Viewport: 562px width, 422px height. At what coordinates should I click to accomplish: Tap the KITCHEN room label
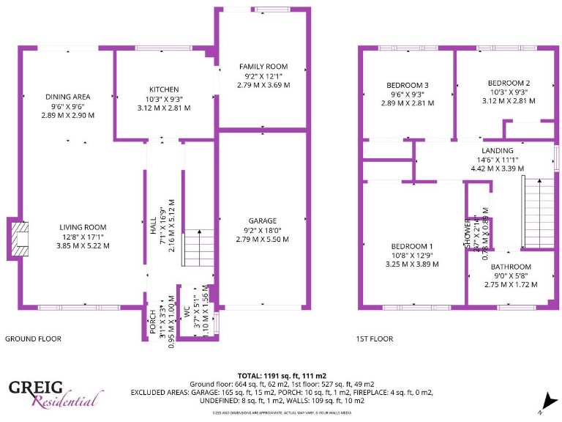coord(164,89)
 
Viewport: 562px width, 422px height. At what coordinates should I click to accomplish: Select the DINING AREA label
coord(67,97)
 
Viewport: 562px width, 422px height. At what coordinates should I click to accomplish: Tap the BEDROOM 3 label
coord(407,86)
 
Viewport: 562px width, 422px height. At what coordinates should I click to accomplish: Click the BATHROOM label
coord(511,267)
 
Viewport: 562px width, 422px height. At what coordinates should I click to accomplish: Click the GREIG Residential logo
coord(55,393)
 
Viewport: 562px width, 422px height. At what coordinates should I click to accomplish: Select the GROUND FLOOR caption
coord(33,338)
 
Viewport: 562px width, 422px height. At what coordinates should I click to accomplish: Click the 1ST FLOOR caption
coord(374,338)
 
